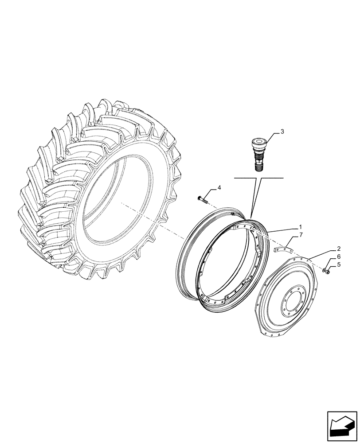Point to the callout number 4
(219, 189)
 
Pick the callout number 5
(339, 265)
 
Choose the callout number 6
(339, 256)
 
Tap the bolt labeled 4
(203, 200)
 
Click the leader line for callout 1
(284, 229)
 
